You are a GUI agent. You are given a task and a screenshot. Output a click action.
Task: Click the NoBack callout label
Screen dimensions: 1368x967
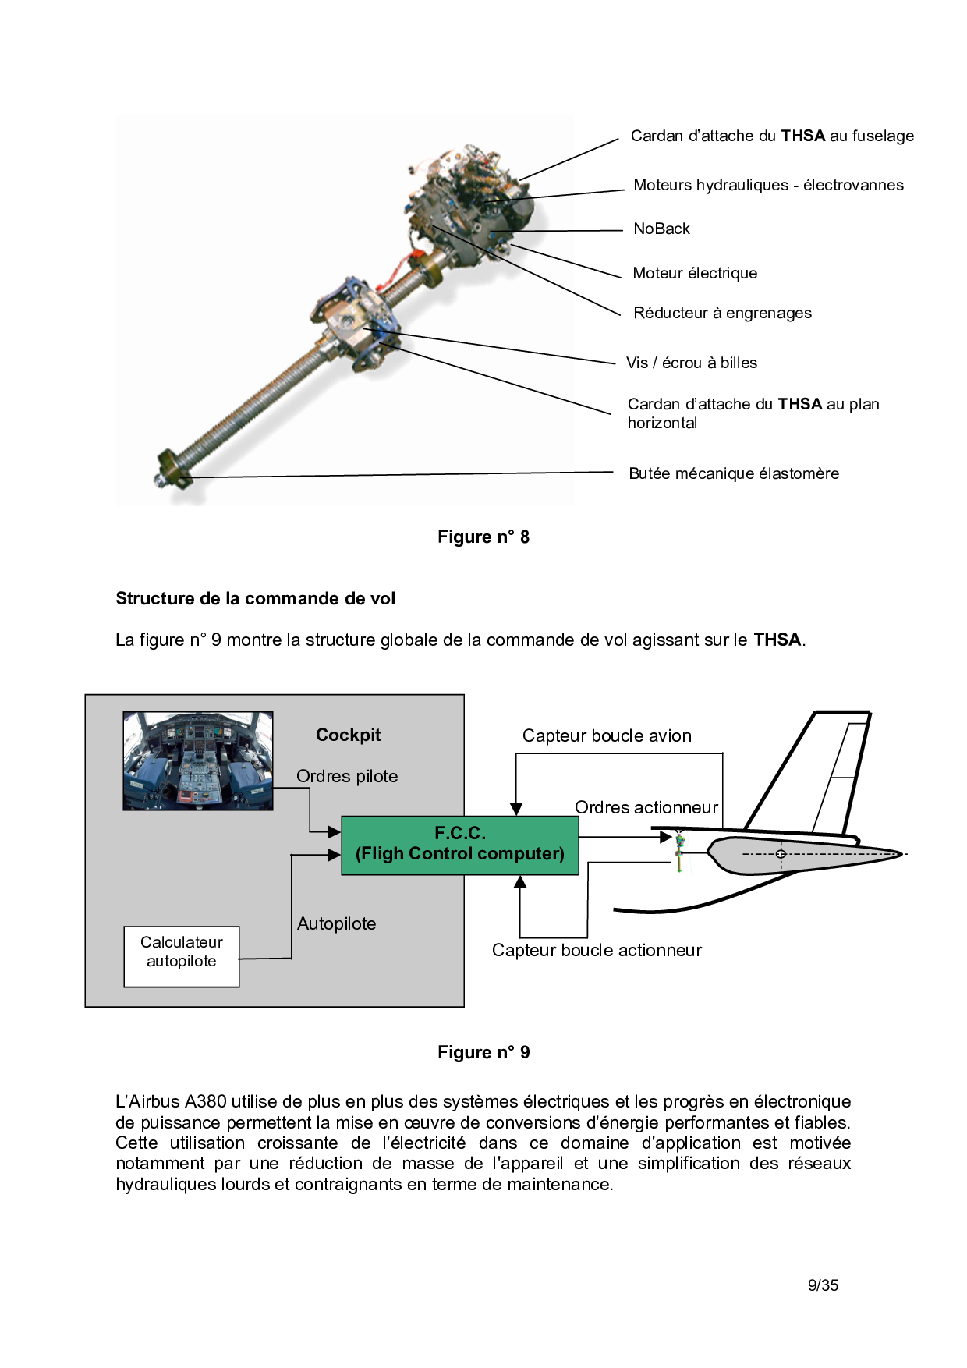[x=661, y=229]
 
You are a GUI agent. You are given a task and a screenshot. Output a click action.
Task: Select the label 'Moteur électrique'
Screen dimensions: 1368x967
[x=695, y=273]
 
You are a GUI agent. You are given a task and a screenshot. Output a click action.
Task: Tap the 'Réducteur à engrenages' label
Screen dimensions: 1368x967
[x=722, y=313]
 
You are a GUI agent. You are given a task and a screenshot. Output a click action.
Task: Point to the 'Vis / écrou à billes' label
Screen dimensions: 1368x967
[x=692, y=363]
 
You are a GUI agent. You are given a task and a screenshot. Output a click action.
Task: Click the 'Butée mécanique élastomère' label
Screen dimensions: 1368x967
[x=734, y=473]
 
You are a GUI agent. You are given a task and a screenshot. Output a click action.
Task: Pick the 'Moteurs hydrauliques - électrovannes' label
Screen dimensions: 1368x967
[x=768, y=185]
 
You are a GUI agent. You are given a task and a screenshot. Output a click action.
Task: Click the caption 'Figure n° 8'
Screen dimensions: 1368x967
[x=483, y=537]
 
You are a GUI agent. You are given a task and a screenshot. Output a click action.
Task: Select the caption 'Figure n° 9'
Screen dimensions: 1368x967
[x=483, y=1052]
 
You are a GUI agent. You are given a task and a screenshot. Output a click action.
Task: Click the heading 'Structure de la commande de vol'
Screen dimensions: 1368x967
[x=255, y=598]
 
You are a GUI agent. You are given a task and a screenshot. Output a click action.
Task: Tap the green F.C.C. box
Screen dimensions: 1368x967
[x=460, y=845]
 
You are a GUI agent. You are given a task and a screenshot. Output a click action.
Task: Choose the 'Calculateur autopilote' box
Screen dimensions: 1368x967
[x=182, y=956]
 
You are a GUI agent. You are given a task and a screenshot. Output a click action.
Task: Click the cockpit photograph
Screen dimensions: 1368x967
[x=198, y=760]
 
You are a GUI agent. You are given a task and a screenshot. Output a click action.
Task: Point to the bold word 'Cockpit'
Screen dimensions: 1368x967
[x=348, y=735]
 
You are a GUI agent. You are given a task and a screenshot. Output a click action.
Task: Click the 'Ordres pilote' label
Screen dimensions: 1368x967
[x=347, y=776]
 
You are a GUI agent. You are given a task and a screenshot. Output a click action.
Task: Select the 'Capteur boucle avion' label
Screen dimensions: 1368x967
[x=607, y=735]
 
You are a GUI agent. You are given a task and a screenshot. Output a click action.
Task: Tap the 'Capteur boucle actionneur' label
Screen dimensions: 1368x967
[x=597, y=950]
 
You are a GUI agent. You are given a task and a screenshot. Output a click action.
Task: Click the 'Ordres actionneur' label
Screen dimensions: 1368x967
[x=646, y=807]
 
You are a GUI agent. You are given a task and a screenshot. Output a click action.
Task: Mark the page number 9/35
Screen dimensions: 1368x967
[x=823, y=1285]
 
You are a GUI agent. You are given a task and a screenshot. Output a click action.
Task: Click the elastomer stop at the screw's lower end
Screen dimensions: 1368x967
[x=173, y=470]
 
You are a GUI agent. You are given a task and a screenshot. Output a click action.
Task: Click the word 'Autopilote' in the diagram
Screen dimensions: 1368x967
[x=336, y=923]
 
